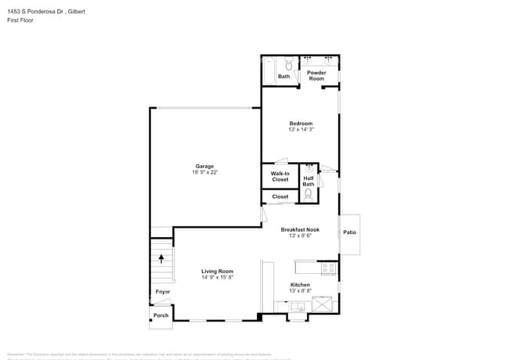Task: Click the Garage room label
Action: [204, 166]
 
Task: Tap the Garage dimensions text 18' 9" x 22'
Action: [204, 173]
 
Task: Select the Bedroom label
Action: [301, 124]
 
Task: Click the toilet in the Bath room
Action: [288, 65]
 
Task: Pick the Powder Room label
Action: [316, 76]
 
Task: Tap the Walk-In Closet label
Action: [280, 176]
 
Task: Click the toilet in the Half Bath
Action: [309, 193]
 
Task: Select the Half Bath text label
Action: [309, 181]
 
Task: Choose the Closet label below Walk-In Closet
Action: [280, 197]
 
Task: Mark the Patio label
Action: [349, 232]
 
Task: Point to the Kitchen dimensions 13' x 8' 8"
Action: [301, 291]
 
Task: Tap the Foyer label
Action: [162, 292]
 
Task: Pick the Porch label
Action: [161, 315]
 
